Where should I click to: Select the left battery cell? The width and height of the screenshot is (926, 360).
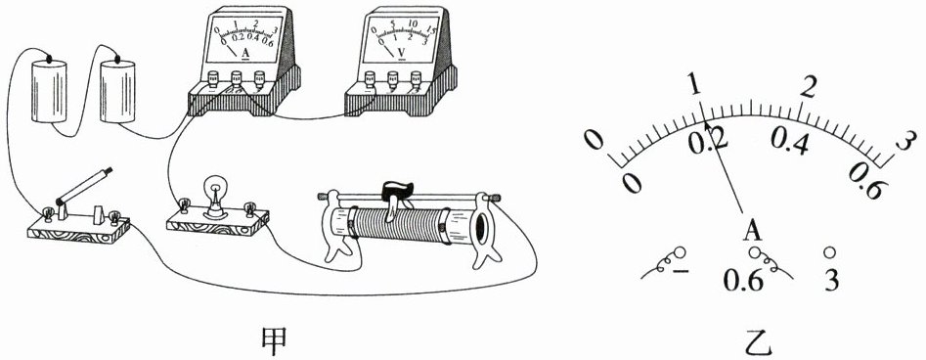coord(49,90)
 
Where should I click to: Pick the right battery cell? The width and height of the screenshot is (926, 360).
coord(117,90)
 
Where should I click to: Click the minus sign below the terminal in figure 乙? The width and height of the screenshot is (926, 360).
coord(681,271)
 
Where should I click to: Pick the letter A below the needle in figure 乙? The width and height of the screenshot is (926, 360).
coord(752,231)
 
